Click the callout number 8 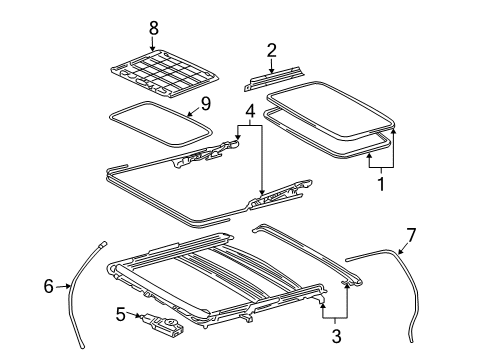coord(153,28)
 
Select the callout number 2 coord(271,50)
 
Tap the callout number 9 coord(206,104)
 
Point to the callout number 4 coord(250,111)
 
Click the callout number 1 coord(381,184)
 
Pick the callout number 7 coord(412,236)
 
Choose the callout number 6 coord(49,286)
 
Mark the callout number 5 coord(121,314)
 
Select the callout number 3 coord(336,335)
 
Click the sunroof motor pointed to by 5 coord(163,325)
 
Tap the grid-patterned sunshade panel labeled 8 coord(165,73)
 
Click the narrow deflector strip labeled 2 coord(274,78)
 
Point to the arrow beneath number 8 coord(153,44)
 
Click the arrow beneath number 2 coord(271,66)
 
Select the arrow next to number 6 coord(63,286)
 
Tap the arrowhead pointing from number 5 coord(139,315)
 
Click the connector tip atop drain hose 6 coord(104,244)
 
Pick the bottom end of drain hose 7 coord(412,340)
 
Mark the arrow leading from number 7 coord(403,248)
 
